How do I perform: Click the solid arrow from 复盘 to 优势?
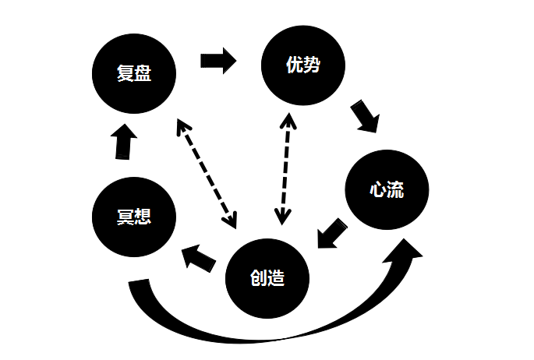217,61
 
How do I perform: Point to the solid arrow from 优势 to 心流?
364,115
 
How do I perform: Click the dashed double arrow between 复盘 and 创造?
207,174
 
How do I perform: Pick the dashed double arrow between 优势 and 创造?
286,168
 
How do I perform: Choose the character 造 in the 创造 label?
278,279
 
